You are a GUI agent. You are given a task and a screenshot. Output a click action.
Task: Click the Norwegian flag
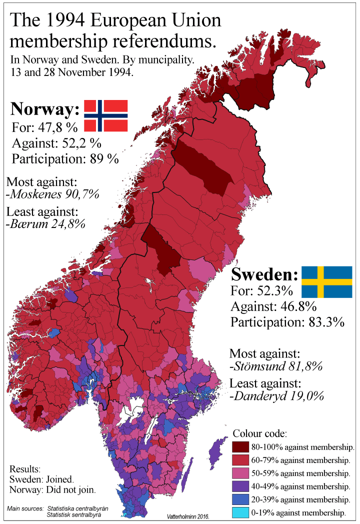(x=105, y=116)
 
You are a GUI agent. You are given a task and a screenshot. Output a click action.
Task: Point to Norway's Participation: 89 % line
(x=65, y=159)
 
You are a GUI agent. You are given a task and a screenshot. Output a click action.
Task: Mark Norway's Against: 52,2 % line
(x=56, y=143)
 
